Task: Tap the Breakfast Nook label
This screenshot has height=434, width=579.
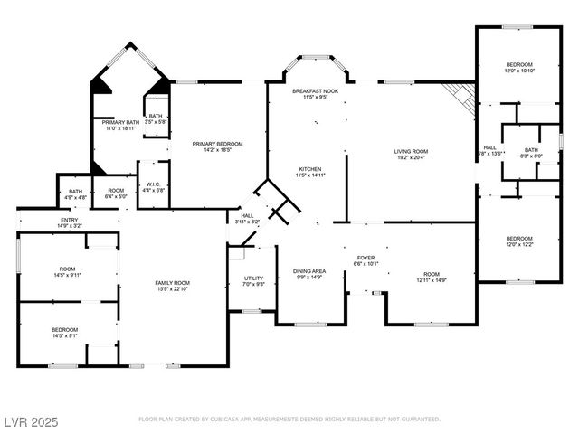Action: tap(315, 92)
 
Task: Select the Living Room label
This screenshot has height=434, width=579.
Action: tap(410, 152)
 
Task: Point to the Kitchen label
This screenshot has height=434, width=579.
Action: tap(310, 170)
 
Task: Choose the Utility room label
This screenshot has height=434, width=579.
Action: tap(253, 278)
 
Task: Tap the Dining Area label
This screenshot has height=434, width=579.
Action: tap(308, 271)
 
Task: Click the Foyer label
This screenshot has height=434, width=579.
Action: tap(365, 260)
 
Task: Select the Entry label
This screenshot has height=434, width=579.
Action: tap(69, 220)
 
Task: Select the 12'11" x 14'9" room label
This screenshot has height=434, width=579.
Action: tap(431, 277)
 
